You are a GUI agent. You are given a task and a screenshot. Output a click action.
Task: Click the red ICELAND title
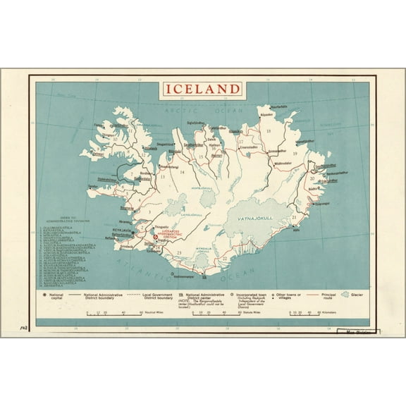pyautogui.click(x=203, y=90)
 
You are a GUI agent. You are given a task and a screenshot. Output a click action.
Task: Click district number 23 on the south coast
pyautogui.click(x=179, y=252)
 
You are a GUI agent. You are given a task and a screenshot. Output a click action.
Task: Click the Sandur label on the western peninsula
pyautogui.click(x=92, y=185)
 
